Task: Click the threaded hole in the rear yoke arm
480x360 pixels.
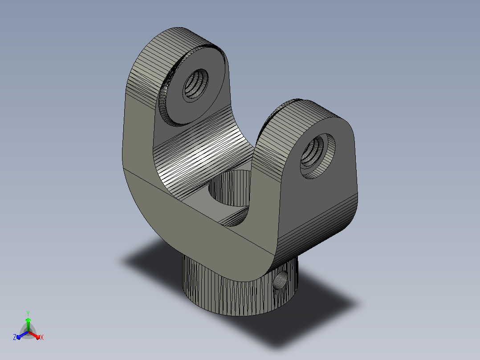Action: tap(196, 83)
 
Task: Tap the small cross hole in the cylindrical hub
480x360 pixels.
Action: tap(280, 280)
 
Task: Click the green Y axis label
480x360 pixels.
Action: tap(28, 314)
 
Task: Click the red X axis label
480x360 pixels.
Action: tap(42, 337)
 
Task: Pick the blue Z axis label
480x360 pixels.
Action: tap(14, 337)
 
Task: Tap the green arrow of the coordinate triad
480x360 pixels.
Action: tap(28, 324)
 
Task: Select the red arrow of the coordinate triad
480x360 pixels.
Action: tap(34, 335)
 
